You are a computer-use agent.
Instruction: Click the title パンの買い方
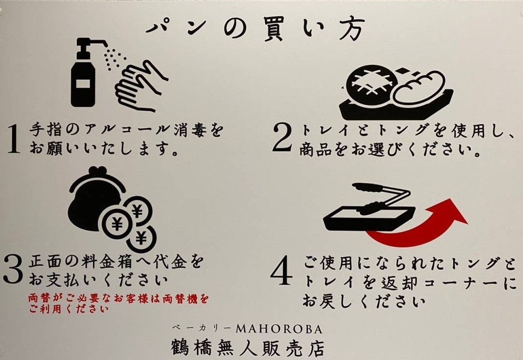click(255, 29)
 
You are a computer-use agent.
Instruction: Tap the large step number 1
click(13, 139)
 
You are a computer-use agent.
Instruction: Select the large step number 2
click(282, 137)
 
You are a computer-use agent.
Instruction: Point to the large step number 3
click(13, 270)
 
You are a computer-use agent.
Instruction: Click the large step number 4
click(282, 271)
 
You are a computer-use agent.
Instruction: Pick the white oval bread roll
click(419, 88)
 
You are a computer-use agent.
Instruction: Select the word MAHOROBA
click(279, 330)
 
